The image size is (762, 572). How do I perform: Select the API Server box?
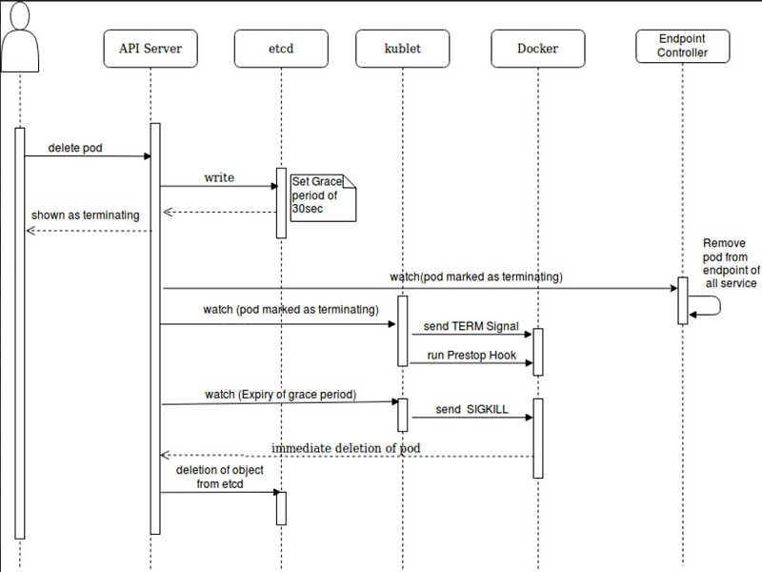pyautogui.click(x=150, y=49)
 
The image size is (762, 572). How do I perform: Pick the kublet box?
pyautogui.click(x=402, y=49)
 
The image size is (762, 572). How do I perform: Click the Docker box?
pyautogui.click(x=538, y=49)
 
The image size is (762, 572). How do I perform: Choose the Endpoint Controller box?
pyautogui.click(x=683, y=45)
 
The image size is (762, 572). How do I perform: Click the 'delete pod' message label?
pyautogui.click(x=75, y=149)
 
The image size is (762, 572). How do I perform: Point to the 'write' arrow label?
pyautogui.click(x=219, y=178)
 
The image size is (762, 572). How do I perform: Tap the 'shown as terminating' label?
pyautogui.click(x=86, y=214)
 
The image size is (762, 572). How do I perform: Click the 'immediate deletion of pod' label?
pyautogui.click(x=346, y=448)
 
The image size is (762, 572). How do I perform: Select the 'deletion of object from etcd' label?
pyautogui.click(x=214, y=478)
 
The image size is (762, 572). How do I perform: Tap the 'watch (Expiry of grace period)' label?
pyautogui.click(x=280, y=393)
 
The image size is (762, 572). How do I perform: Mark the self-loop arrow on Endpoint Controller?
pyautogui.click(x=710, y=305)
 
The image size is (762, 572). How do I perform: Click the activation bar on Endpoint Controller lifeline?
pyautogui.click(x=683, y=301)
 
